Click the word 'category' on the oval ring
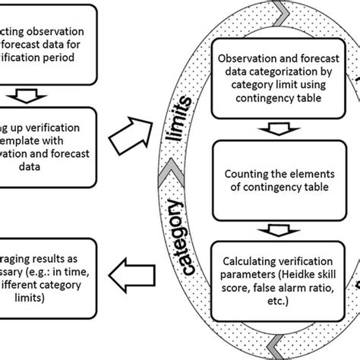[x=180, y=236]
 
